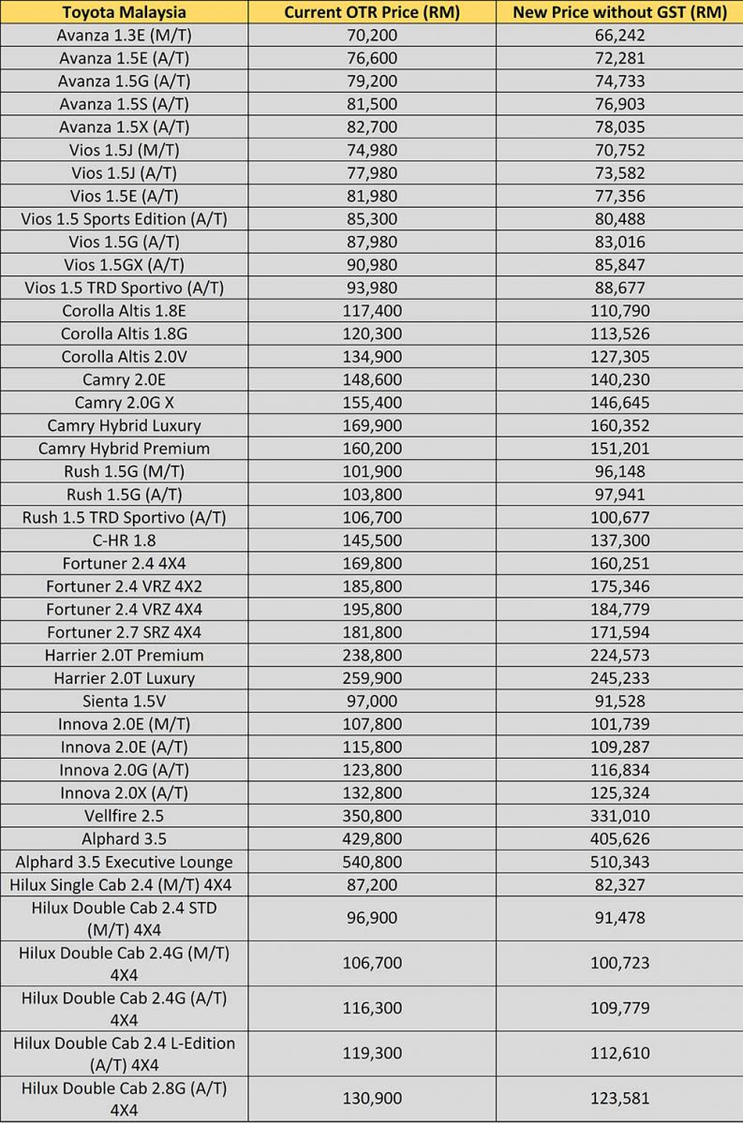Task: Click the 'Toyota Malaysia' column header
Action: click(124, 12)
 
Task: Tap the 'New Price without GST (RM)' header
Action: click(618, 12)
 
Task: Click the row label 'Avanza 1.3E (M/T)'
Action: click(124, 36)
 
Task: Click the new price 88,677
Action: click(618, 288)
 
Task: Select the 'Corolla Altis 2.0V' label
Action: click(124, 357)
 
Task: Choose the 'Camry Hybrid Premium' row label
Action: click(124, 449)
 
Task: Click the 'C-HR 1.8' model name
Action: click(124, 540)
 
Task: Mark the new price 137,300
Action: click(618, 540)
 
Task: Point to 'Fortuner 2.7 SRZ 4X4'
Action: click(124, 632)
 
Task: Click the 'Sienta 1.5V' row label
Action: click(124, 701)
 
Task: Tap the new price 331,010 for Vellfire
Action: click(618, 816)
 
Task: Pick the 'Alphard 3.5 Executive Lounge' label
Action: click(124, 862)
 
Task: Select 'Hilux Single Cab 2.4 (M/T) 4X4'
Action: click(124, 884)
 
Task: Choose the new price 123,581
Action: click(618, 1099)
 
